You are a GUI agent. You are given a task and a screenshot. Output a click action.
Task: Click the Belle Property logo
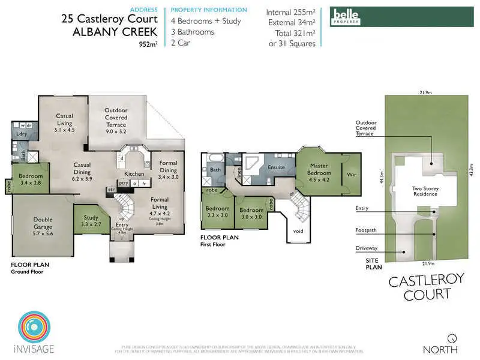(x=346, y=16)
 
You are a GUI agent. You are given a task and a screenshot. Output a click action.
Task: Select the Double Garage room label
(x=43, y=223)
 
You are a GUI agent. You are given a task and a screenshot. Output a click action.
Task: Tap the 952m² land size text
(x=148, y=44)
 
